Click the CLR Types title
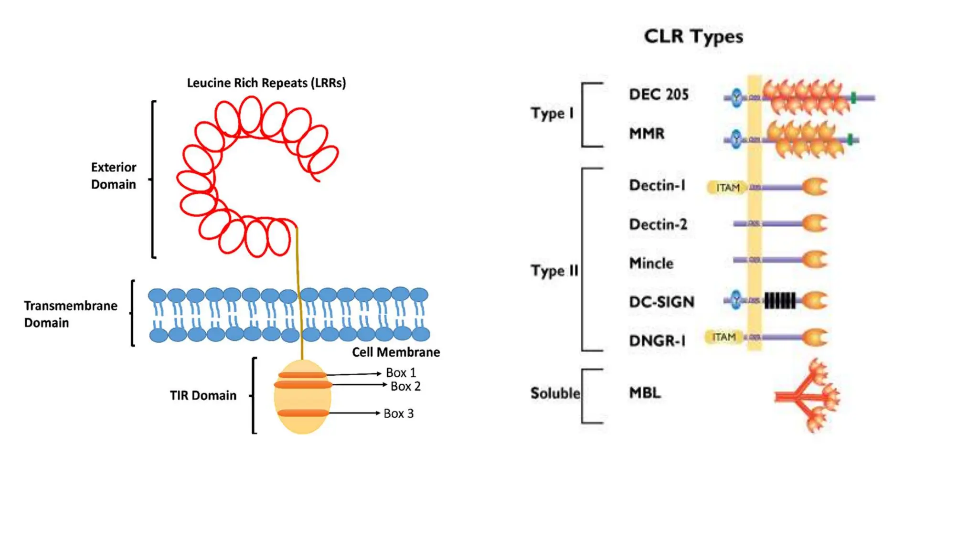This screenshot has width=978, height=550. [693, 36]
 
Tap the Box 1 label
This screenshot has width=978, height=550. [401, 372]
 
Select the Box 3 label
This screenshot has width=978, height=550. [399, 413]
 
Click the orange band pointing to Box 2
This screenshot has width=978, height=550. [303, 385]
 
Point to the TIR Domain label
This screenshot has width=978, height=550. [203, 395]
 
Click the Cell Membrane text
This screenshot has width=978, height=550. [396, 352]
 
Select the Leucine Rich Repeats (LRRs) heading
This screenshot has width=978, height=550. [266, 83]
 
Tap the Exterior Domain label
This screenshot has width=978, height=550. [114, 176]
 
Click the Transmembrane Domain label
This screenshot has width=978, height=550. [70, 314]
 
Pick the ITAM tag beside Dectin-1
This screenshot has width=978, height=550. [727, 188]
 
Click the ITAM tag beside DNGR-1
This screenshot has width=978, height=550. [724, 337]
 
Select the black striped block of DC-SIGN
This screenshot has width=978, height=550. [780, 301]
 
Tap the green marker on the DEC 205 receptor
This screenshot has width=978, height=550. [853, 98]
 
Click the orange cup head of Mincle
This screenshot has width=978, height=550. [815, 260]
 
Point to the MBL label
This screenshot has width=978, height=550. [645, 393]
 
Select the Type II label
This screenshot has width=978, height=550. [554, 271]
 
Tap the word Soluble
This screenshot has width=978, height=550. [555, 393]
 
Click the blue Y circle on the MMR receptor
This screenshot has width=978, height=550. [736, 139]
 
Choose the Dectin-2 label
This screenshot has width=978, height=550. [658, 224]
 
